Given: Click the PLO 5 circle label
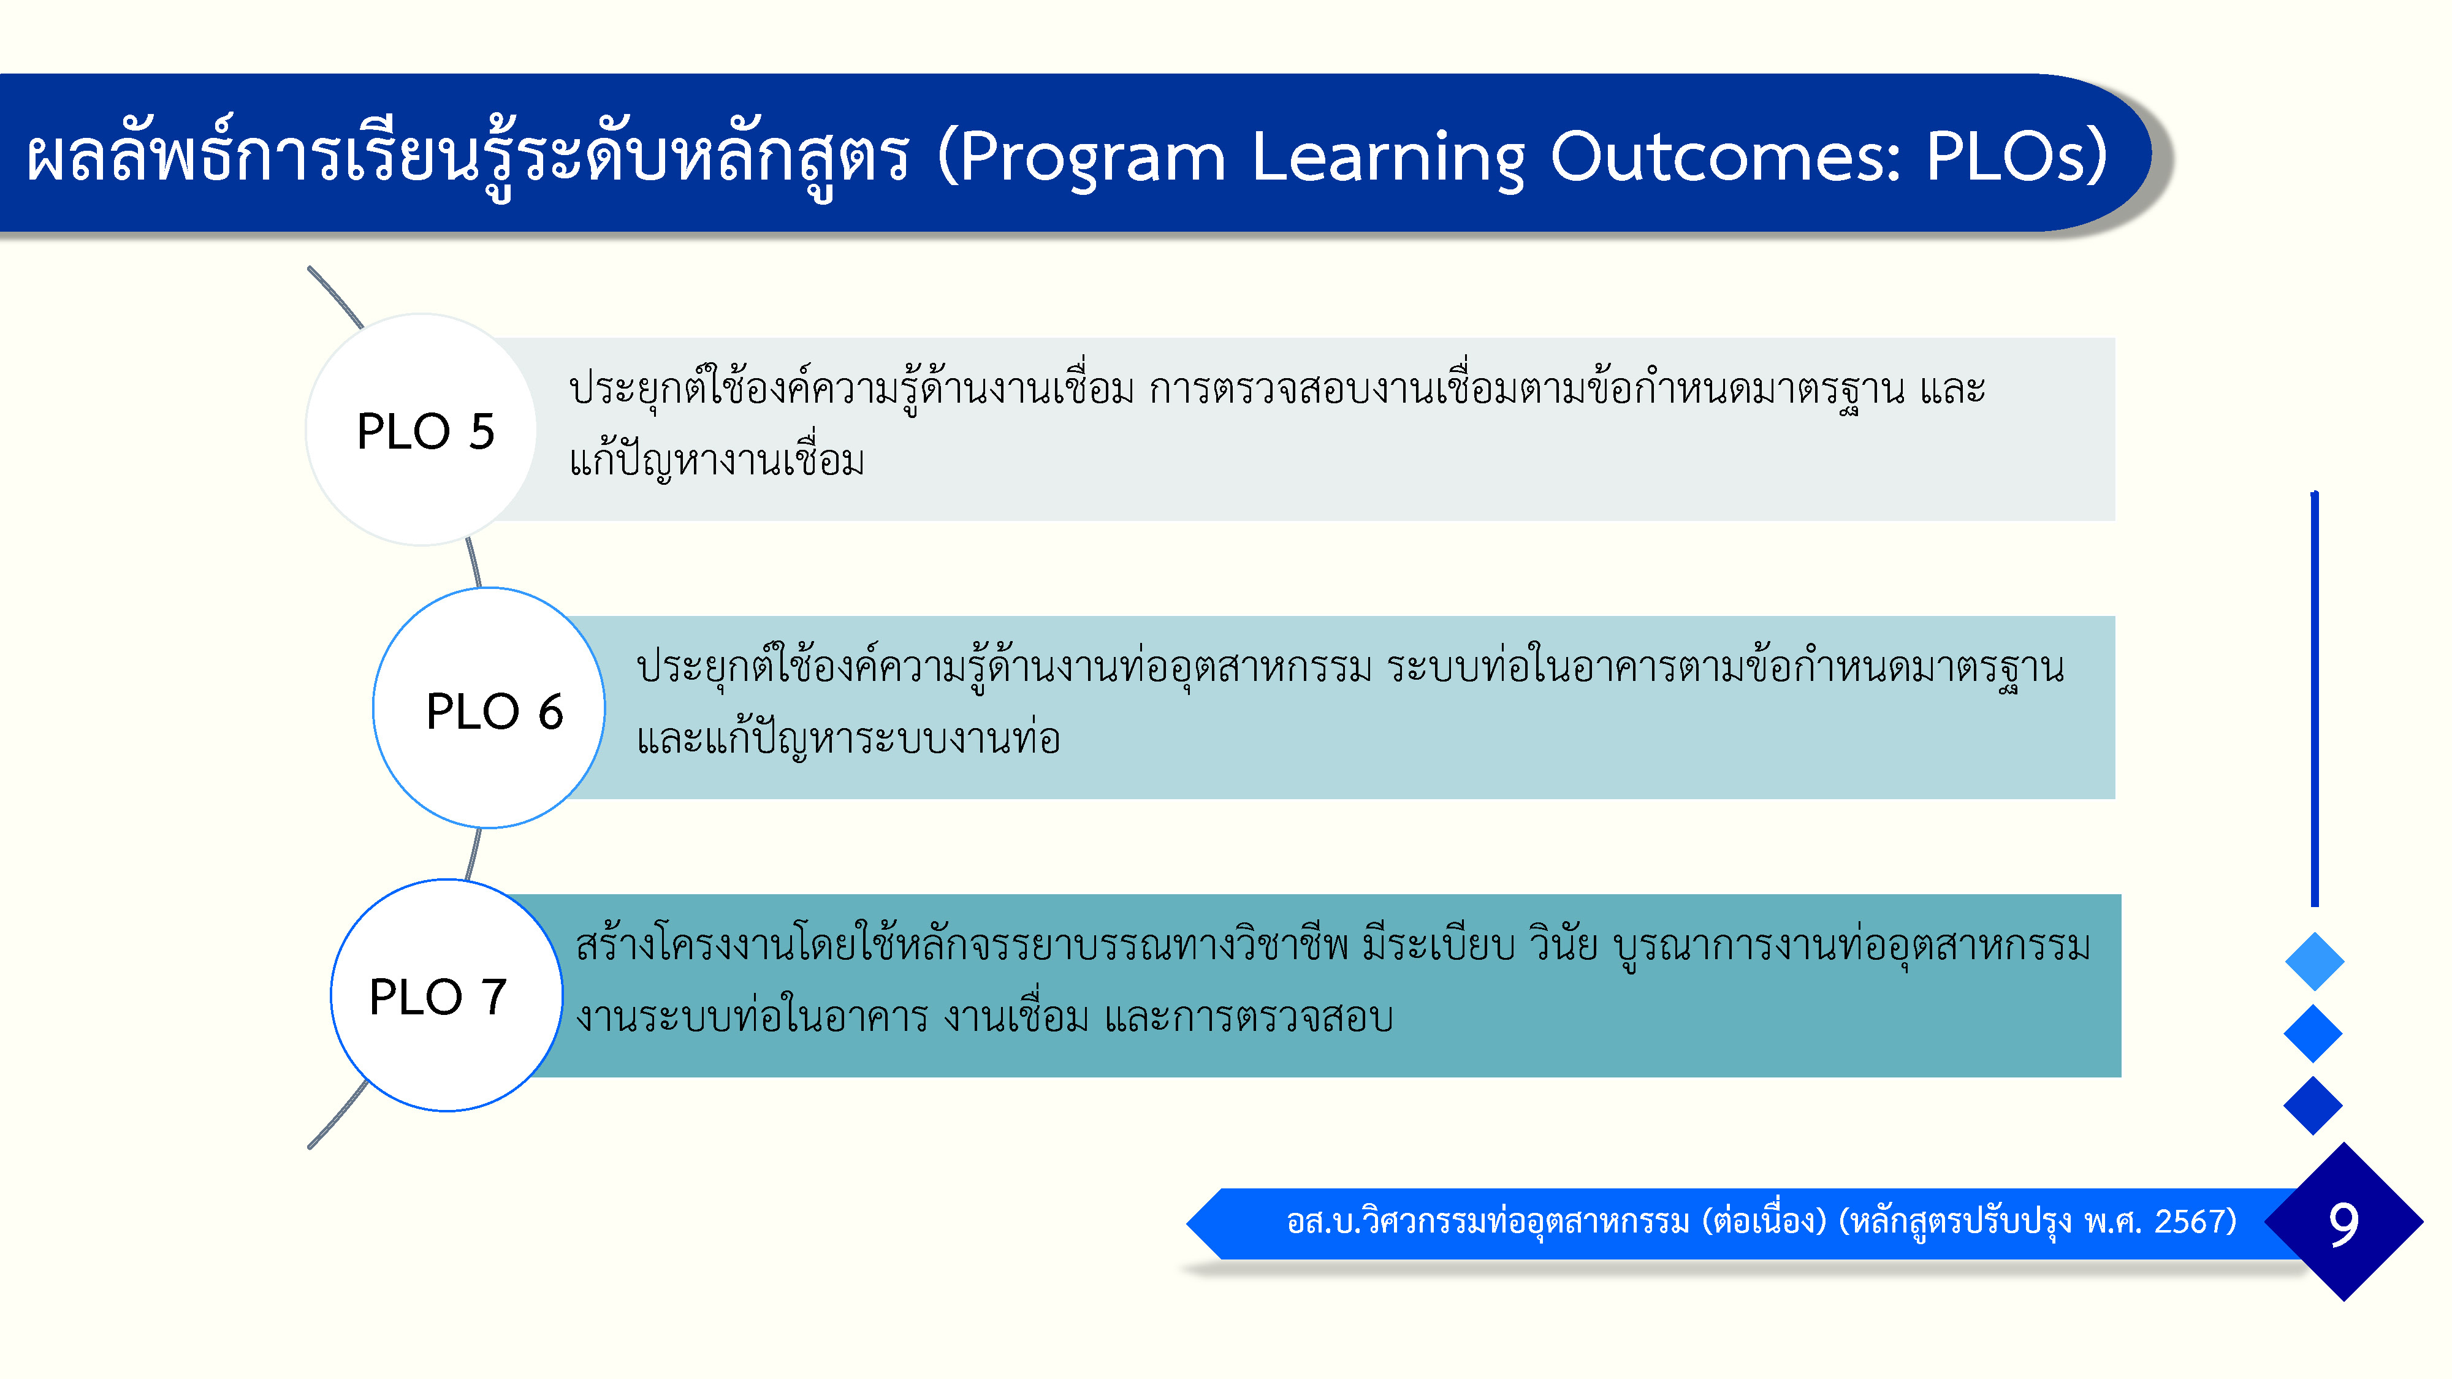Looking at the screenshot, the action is click(425, 431).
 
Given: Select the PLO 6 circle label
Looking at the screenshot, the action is click(494, 711).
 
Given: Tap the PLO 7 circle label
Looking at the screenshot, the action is click(438, 997).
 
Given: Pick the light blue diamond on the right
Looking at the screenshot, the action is click(2314, 961).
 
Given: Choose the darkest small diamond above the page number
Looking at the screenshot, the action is click(2313, 1106).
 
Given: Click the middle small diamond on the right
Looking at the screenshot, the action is click(2313, 1033).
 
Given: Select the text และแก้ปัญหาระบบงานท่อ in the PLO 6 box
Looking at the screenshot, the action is click(848, 737).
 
